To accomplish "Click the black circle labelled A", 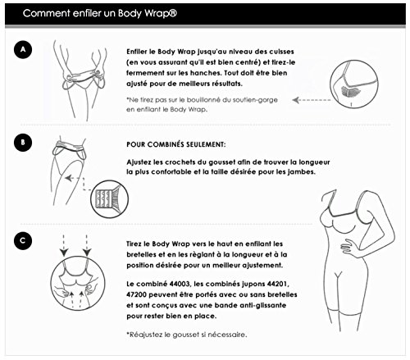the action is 23,49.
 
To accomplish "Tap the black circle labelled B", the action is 23,142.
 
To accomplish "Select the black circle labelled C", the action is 23,241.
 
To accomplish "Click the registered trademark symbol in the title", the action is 173,12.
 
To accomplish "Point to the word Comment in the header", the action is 47,13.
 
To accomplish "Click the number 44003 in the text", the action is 180,284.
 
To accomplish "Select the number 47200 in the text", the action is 136,294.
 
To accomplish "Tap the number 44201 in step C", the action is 277,284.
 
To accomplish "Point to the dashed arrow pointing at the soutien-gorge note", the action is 312,100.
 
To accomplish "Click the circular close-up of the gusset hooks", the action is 109,199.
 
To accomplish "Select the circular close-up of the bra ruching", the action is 354,84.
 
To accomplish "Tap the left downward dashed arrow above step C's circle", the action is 64,245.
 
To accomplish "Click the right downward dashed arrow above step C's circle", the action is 87,245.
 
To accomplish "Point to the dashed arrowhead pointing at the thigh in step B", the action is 68,178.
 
